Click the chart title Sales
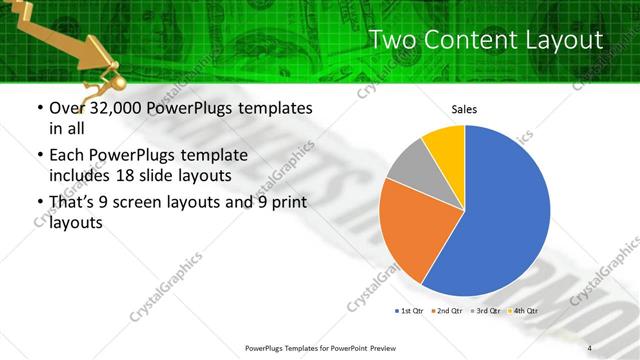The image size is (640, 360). click(x=465, y=109)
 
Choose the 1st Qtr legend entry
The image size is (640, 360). click(x=411, y=312)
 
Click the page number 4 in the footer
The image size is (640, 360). click(x=590, y=348)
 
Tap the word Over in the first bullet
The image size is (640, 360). click(x=66, y=108)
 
